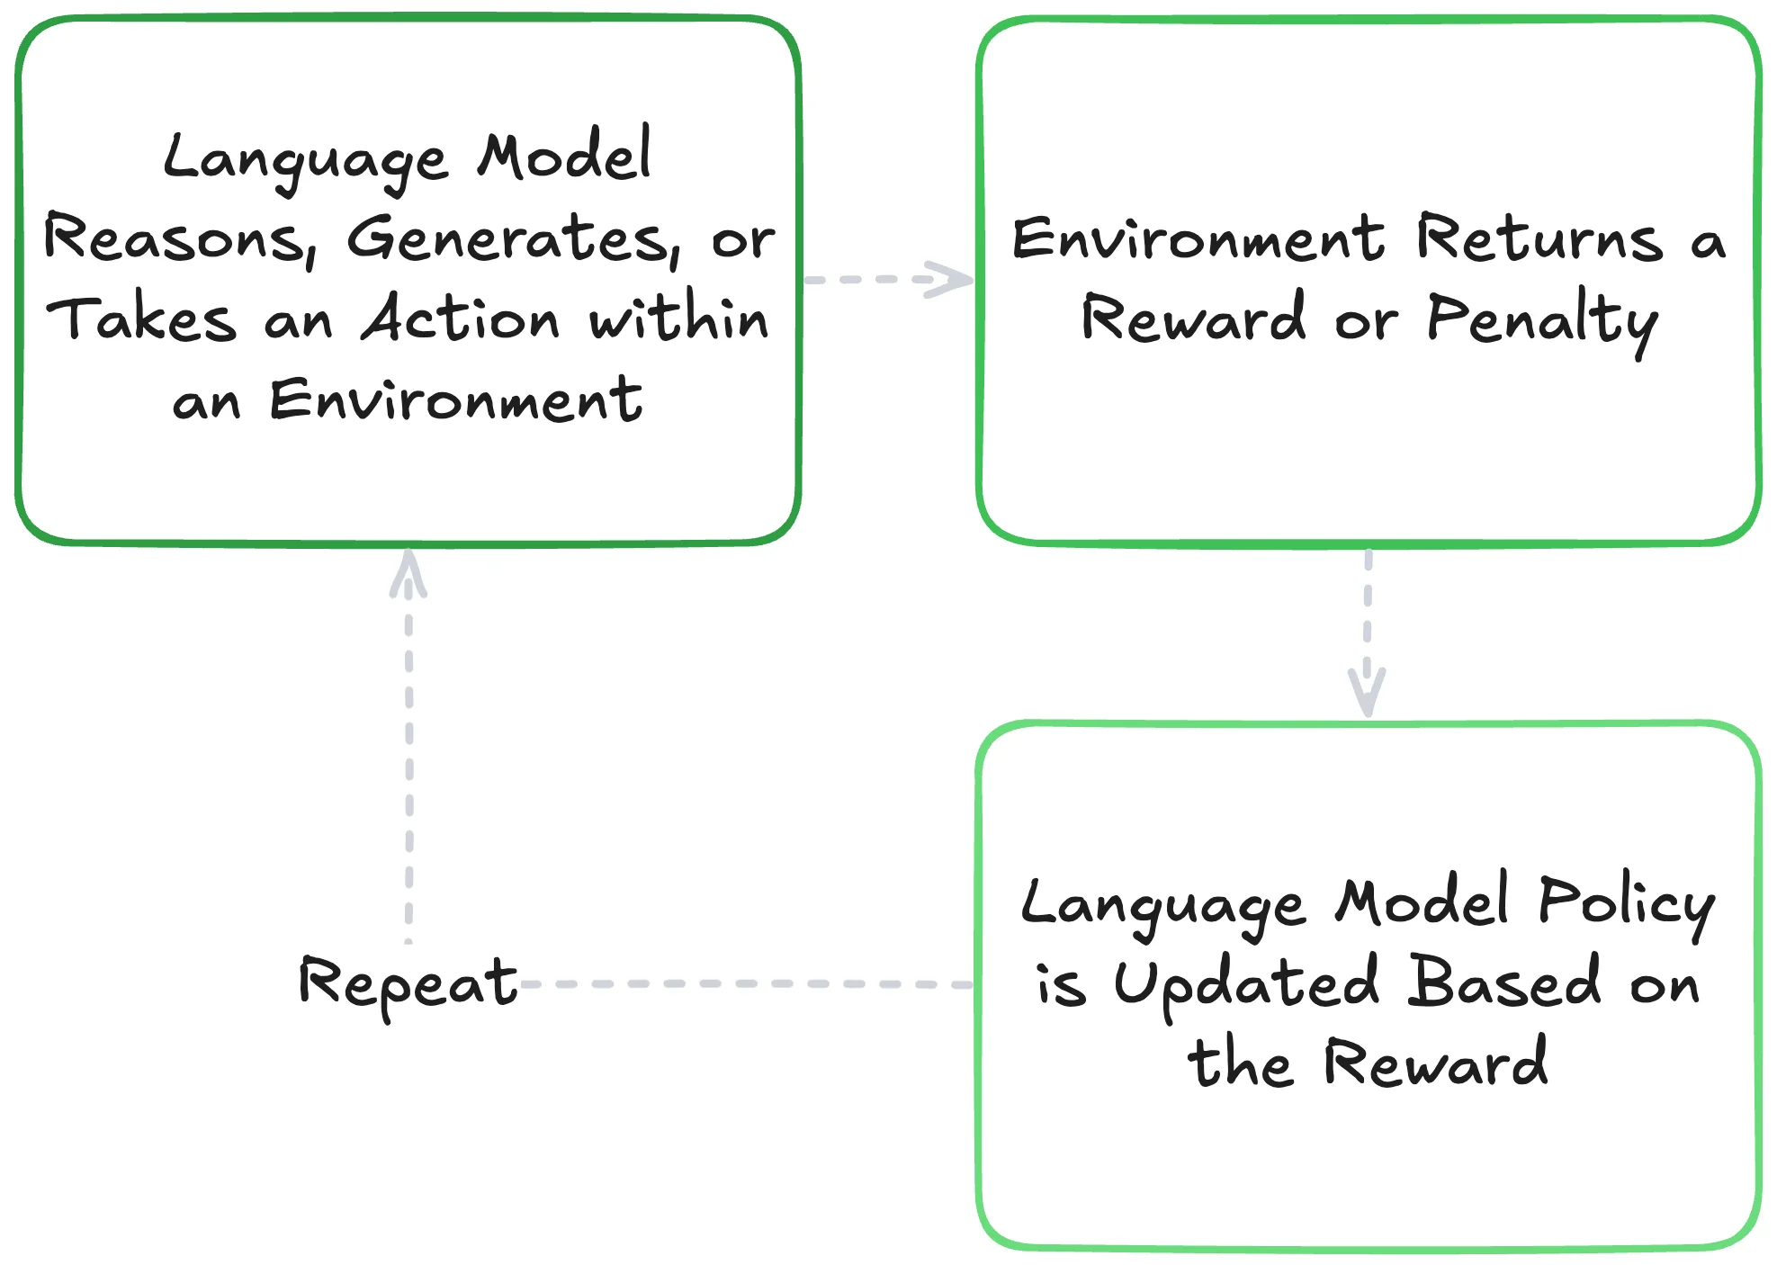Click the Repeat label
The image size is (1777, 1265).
408,982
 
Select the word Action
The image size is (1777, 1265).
461,318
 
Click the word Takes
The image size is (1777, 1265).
141,318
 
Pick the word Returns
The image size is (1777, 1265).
1539,239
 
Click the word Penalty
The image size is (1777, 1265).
1542,320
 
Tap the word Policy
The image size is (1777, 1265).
1627,903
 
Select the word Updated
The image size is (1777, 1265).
1246,984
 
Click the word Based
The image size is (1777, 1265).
1504,982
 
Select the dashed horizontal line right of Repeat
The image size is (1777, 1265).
747,984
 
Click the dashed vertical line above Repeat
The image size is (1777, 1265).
409,765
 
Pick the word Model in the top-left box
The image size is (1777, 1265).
564,157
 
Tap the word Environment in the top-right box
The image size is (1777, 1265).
1198,239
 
